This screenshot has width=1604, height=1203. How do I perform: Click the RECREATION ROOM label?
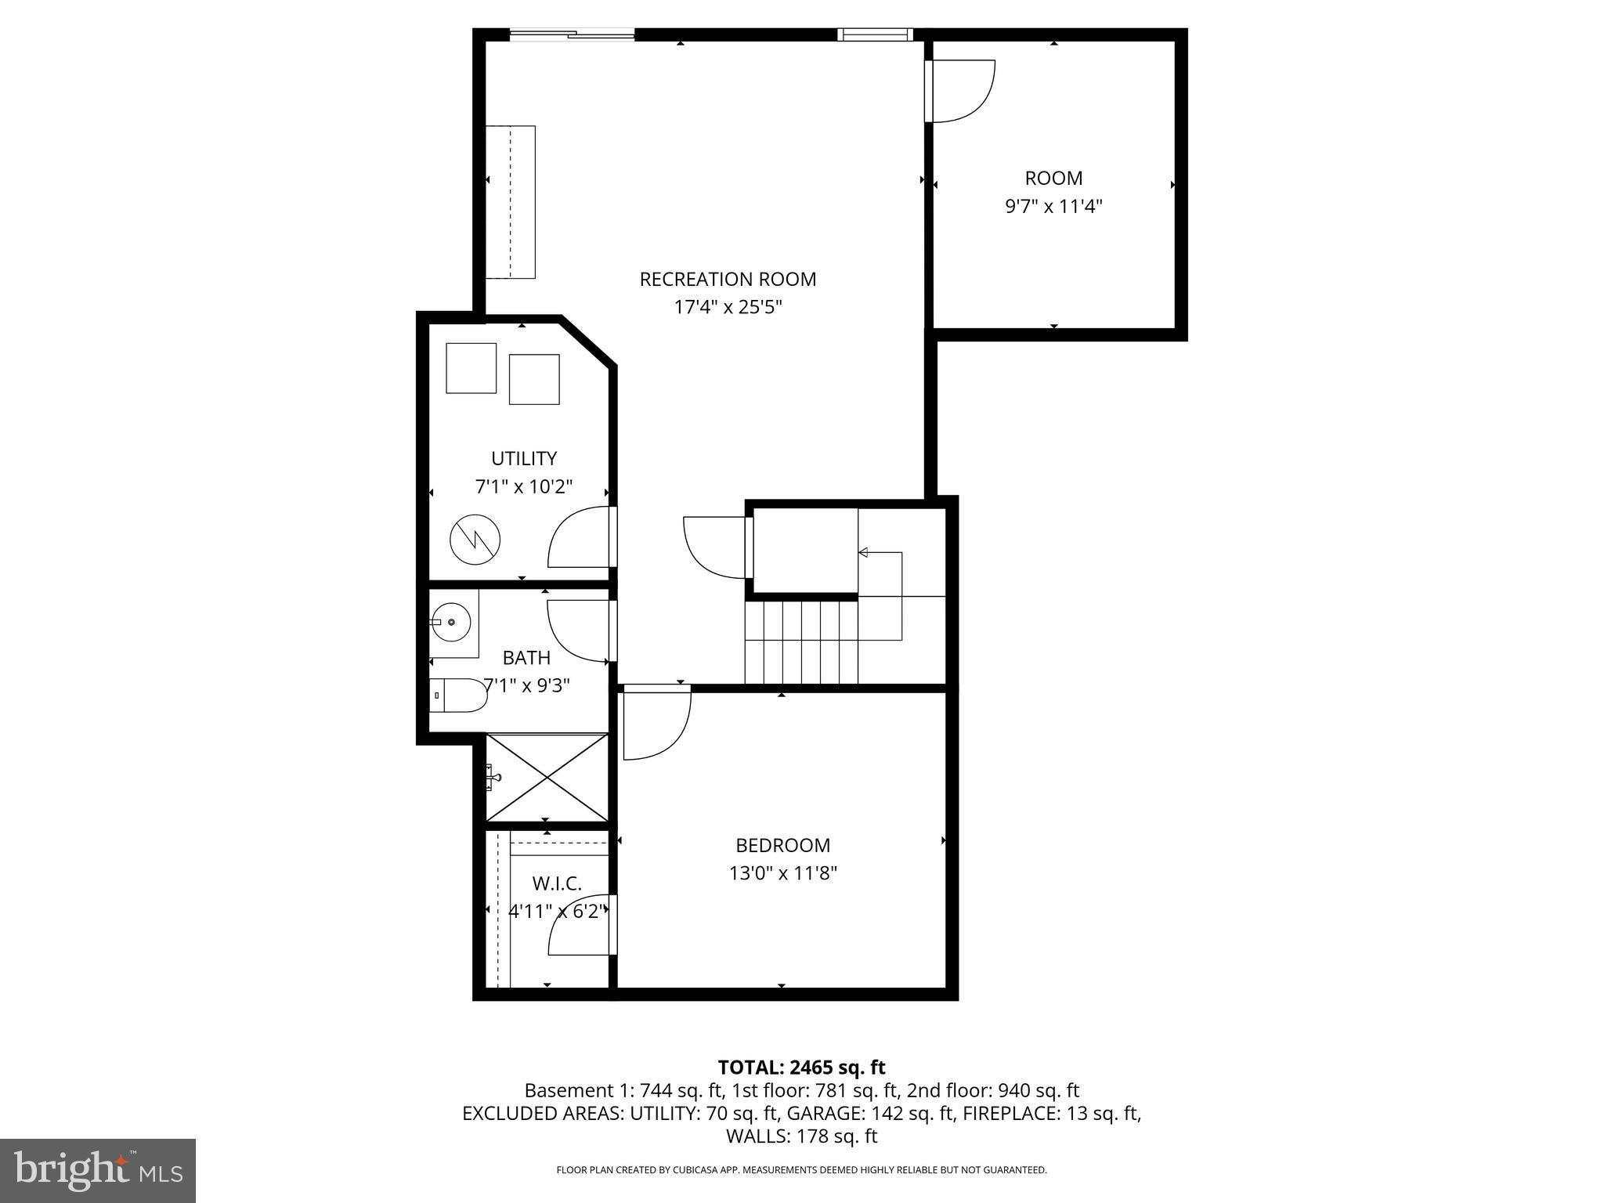(728, 280)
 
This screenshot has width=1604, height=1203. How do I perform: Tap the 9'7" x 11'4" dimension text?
(1053, 207)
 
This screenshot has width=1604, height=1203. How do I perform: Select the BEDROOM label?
(782, 845)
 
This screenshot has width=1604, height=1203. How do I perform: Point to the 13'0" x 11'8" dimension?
(782, 873)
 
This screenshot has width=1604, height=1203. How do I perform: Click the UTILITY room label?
(524, 458)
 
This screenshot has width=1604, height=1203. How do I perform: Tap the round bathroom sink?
(450, 622)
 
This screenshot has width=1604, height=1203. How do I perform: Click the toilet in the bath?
(460, 695)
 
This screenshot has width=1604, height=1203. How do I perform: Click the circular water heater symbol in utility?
(475, 538)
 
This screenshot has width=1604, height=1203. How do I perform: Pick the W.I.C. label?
(557, 884)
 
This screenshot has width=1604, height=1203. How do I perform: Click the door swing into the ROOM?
(961, 92)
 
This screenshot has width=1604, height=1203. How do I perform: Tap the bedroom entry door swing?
(656, 724)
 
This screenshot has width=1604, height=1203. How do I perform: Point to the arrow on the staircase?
(863, 553)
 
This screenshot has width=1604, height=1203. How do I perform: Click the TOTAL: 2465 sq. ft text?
(801, 1068)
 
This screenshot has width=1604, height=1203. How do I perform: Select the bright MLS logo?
(98, 1170)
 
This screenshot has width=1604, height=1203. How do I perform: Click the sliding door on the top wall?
(572, 34)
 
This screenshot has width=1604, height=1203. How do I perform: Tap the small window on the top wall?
(874, 34)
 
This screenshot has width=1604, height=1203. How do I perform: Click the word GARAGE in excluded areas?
(820, 1113)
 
